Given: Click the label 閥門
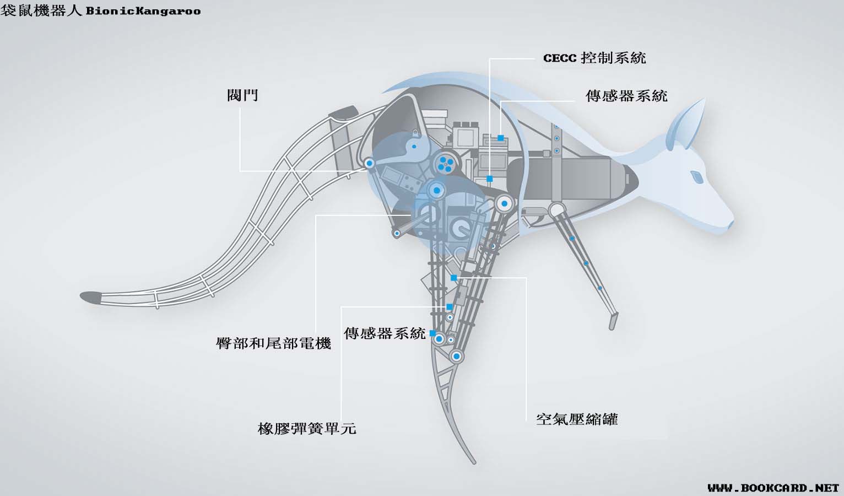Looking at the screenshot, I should point(242,95).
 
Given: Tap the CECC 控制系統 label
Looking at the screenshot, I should point(594,58).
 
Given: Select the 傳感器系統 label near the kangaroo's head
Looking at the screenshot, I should point(626,96).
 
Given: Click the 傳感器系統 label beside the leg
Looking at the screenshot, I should point(385,333).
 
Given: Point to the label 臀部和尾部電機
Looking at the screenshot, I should point(273,343).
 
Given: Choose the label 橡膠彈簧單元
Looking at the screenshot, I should point(307,428).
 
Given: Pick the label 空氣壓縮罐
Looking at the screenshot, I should point(577,419).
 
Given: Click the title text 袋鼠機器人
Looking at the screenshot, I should point(41,10).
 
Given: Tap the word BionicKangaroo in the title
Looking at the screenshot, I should point(143,11).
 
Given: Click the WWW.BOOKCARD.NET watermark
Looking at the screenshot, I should point(773,488).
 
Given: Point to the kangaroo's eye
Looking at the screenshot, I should point(696,177).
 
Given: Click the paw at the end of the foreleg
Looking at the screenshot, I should point(613,321).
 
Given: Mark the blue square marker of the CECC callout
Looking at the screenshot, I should point(489,179).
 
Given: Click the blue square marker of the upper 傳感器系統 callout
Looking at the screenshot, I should point(501,138).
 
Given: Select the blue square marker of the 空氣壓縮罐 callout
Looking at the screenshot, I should point(453,278).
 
